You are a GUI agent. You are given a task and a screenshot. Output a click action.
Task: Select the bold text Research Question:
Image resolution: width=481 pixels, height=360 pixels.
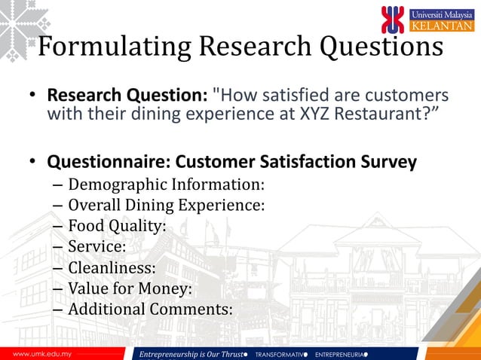point(127,96)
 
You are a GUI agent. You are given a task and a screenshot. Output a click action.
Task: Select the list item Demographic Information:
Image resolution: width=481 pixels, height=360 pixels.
point(167,184)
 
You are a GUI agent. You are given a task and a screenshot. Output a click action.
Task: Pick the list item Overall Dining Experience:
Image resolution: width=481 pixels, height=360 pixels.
point(166,204)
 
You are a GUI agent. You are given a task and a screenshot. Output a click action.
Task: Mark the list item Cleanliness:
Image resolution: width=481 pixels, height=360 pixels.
point(112,267)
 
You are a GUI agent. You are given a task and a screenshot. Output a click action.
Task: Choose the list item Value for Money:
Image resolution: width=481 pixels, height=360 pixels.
point(130,288)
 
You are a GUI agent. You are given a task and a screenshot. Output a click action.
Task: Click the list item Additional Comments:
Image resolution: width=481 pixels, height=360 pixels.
point(150,310)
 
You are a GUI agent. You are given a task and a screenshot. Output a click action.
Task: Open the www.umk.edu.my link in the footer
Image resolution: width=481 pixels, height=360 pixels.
point(36,353)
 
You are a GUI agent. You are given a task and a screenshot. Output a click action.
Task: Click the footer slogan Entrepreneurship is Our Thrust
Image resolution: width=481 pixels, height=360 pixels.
point(191,353)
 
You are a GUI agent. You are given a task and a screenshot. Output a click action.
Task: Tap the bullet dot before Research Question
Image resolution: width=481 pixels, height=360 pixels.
point(33,97)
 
